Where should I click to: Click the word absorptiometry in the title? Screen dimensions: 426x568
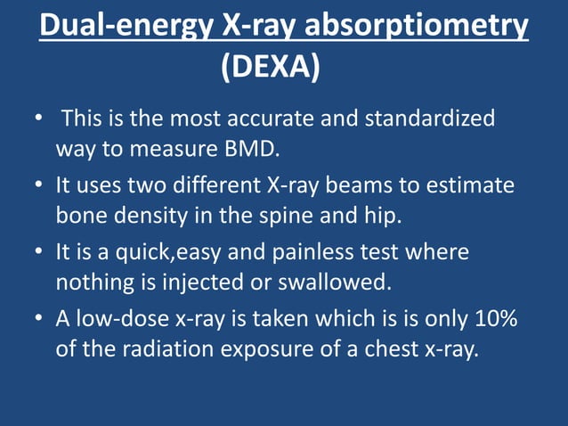[416, 27]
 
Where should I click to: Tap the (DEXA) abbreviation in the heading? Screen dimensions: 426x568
[270, 67]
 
